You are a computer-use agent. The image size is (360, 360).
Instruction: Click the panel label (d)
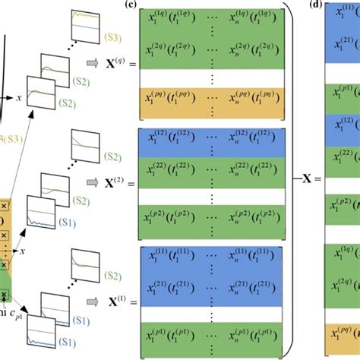[314, 8]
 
